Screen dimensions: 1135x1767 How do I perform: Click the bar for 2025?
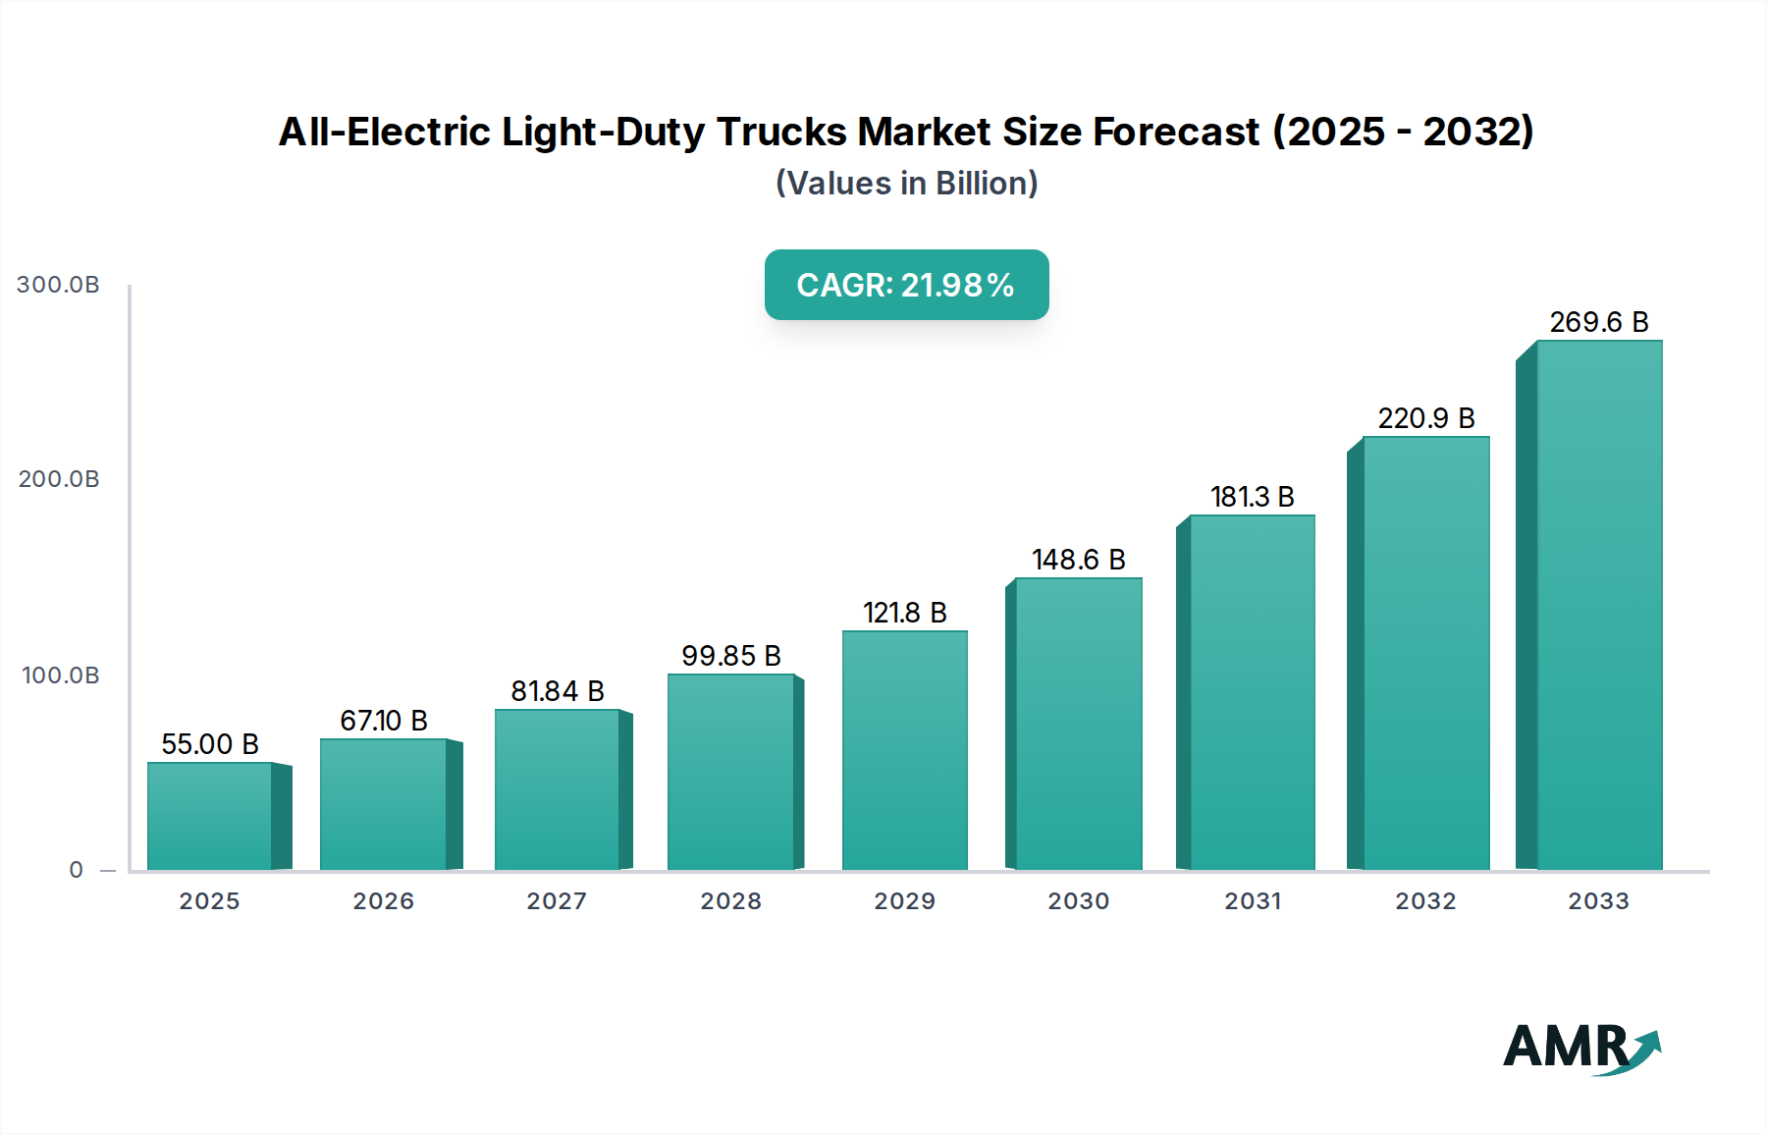pyautogui.click(x=210, y=816)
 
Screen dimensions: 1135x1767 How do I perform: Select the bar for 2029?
pyautogui.click(x=904, y=750)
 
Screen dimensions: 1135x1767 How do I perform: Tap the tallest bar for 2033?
pyautogui.click(x=1598, y=605)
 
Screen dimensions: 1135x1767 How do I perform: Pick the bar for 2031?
pyautogui.click(x=1252, y=692)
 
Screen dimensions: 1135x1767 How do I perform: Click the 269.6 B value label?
pyautogui.click(x=1598, y=322)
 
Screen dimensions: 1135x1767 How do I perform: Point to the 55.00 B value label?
pyautogui.click(x=210, y=744)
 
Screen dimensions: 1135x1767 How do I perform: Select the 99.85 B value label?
pyautogui.click(x=730, y=656)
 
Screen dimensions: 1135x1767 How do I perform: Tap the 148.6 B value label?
pyautogui.click(x=1078, y=560)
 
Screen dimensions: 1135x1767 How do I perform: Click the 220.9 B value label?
pyautogui.click(x=1425, y=418)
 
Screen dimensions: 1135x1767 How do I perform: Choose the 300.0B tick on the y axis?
pyautogui.click(x=58, y=285)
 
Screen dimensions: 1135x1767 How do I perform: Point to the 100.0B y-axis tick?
pyautogui.click(x=60, y=676)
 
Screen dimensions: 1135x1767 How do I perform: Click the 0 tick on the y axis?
pyautogui.click(x=76, y=870)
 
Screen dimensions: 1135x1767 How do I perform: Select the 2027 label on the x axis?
pyautogui.click(x=557, y=901)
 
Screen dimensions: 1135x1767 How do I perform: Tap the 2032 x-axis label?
pyautogui.click(x=1425, y=901)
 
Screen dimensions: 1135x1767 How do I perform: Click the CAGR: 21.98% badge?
pyautogui.click(x=906, y=285)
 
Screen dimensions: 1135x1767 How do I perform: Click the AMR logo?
pyautogui.click(x=1580, y=1048)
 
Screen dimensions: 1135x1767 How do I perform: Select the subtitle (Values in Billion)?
pyautogui.click(x=906, y=184)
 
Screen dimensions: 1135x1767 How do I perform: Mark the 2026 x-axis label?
pyautogui.click(x=383, y=901)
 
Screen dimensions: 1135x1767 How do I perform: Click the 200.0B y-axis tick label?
pyautogui.click(x=58, y=479)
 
